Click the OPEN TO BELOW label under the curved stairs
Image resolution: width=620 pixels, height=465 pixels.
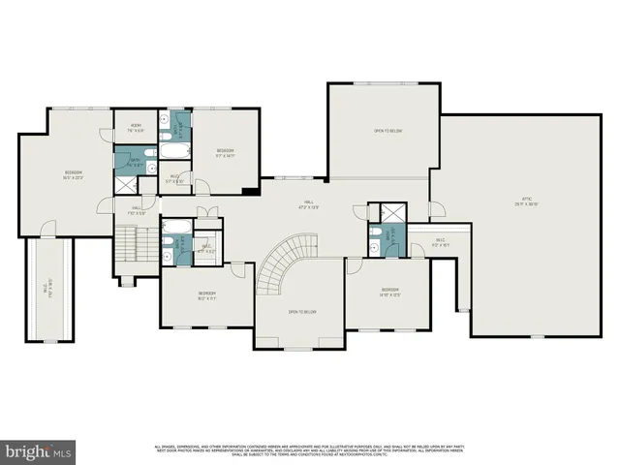[302, 312]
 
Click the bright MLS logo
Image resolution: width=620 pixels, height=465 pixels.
[38, 450]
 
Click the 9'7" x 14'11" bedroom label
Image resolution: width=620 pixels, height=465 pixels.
[225, 152]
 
